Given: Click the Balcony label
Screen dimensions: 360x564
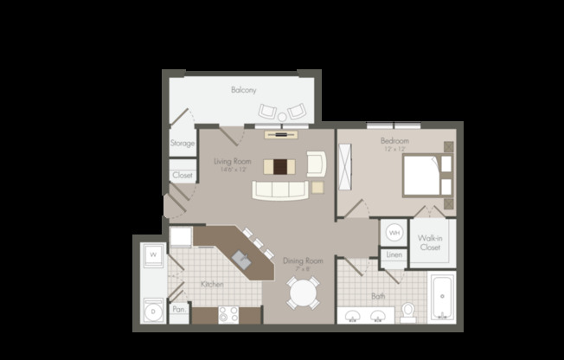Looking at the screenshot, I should tap(241, 90).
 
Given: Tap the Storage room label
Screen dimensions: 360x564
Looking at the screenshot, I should tap(182, 144).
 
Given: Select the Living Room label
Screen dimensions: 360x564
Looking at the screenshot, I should tap(232, 161).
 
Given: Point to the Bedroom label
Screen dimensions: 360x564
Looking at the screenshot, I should tap(394, 140).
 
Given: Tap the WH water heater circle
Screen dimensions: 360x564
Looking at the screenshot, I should tap(394, 233).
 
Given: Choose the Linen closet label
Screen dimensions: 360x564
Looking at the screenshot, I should tap(394, 255).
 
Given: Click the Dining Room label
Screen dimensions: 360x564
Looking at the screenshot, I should tap(302, 260).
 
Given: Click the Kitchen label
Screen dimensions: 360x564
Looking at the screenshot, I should tap(213, 284).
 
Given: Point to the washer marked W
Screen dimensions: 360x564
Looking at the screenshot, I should tap(151, 256).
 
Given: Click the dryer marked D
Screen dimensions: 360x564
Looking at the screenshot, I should tap(151, 309).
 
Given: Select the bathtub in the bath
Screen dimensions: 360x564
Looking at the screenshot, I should tap(441, 297).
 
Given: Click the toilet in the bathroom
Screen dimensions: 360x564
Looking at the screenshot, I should tap(408, 309).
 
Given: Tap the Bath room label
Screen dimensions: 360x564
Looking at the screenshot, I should tap(378, 295).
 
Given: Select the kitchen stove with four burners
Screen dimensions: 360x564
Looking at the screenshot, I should tap(228, 314).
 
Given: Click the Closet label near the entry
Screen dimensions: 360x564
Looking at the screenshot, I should tap(183, 176).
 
